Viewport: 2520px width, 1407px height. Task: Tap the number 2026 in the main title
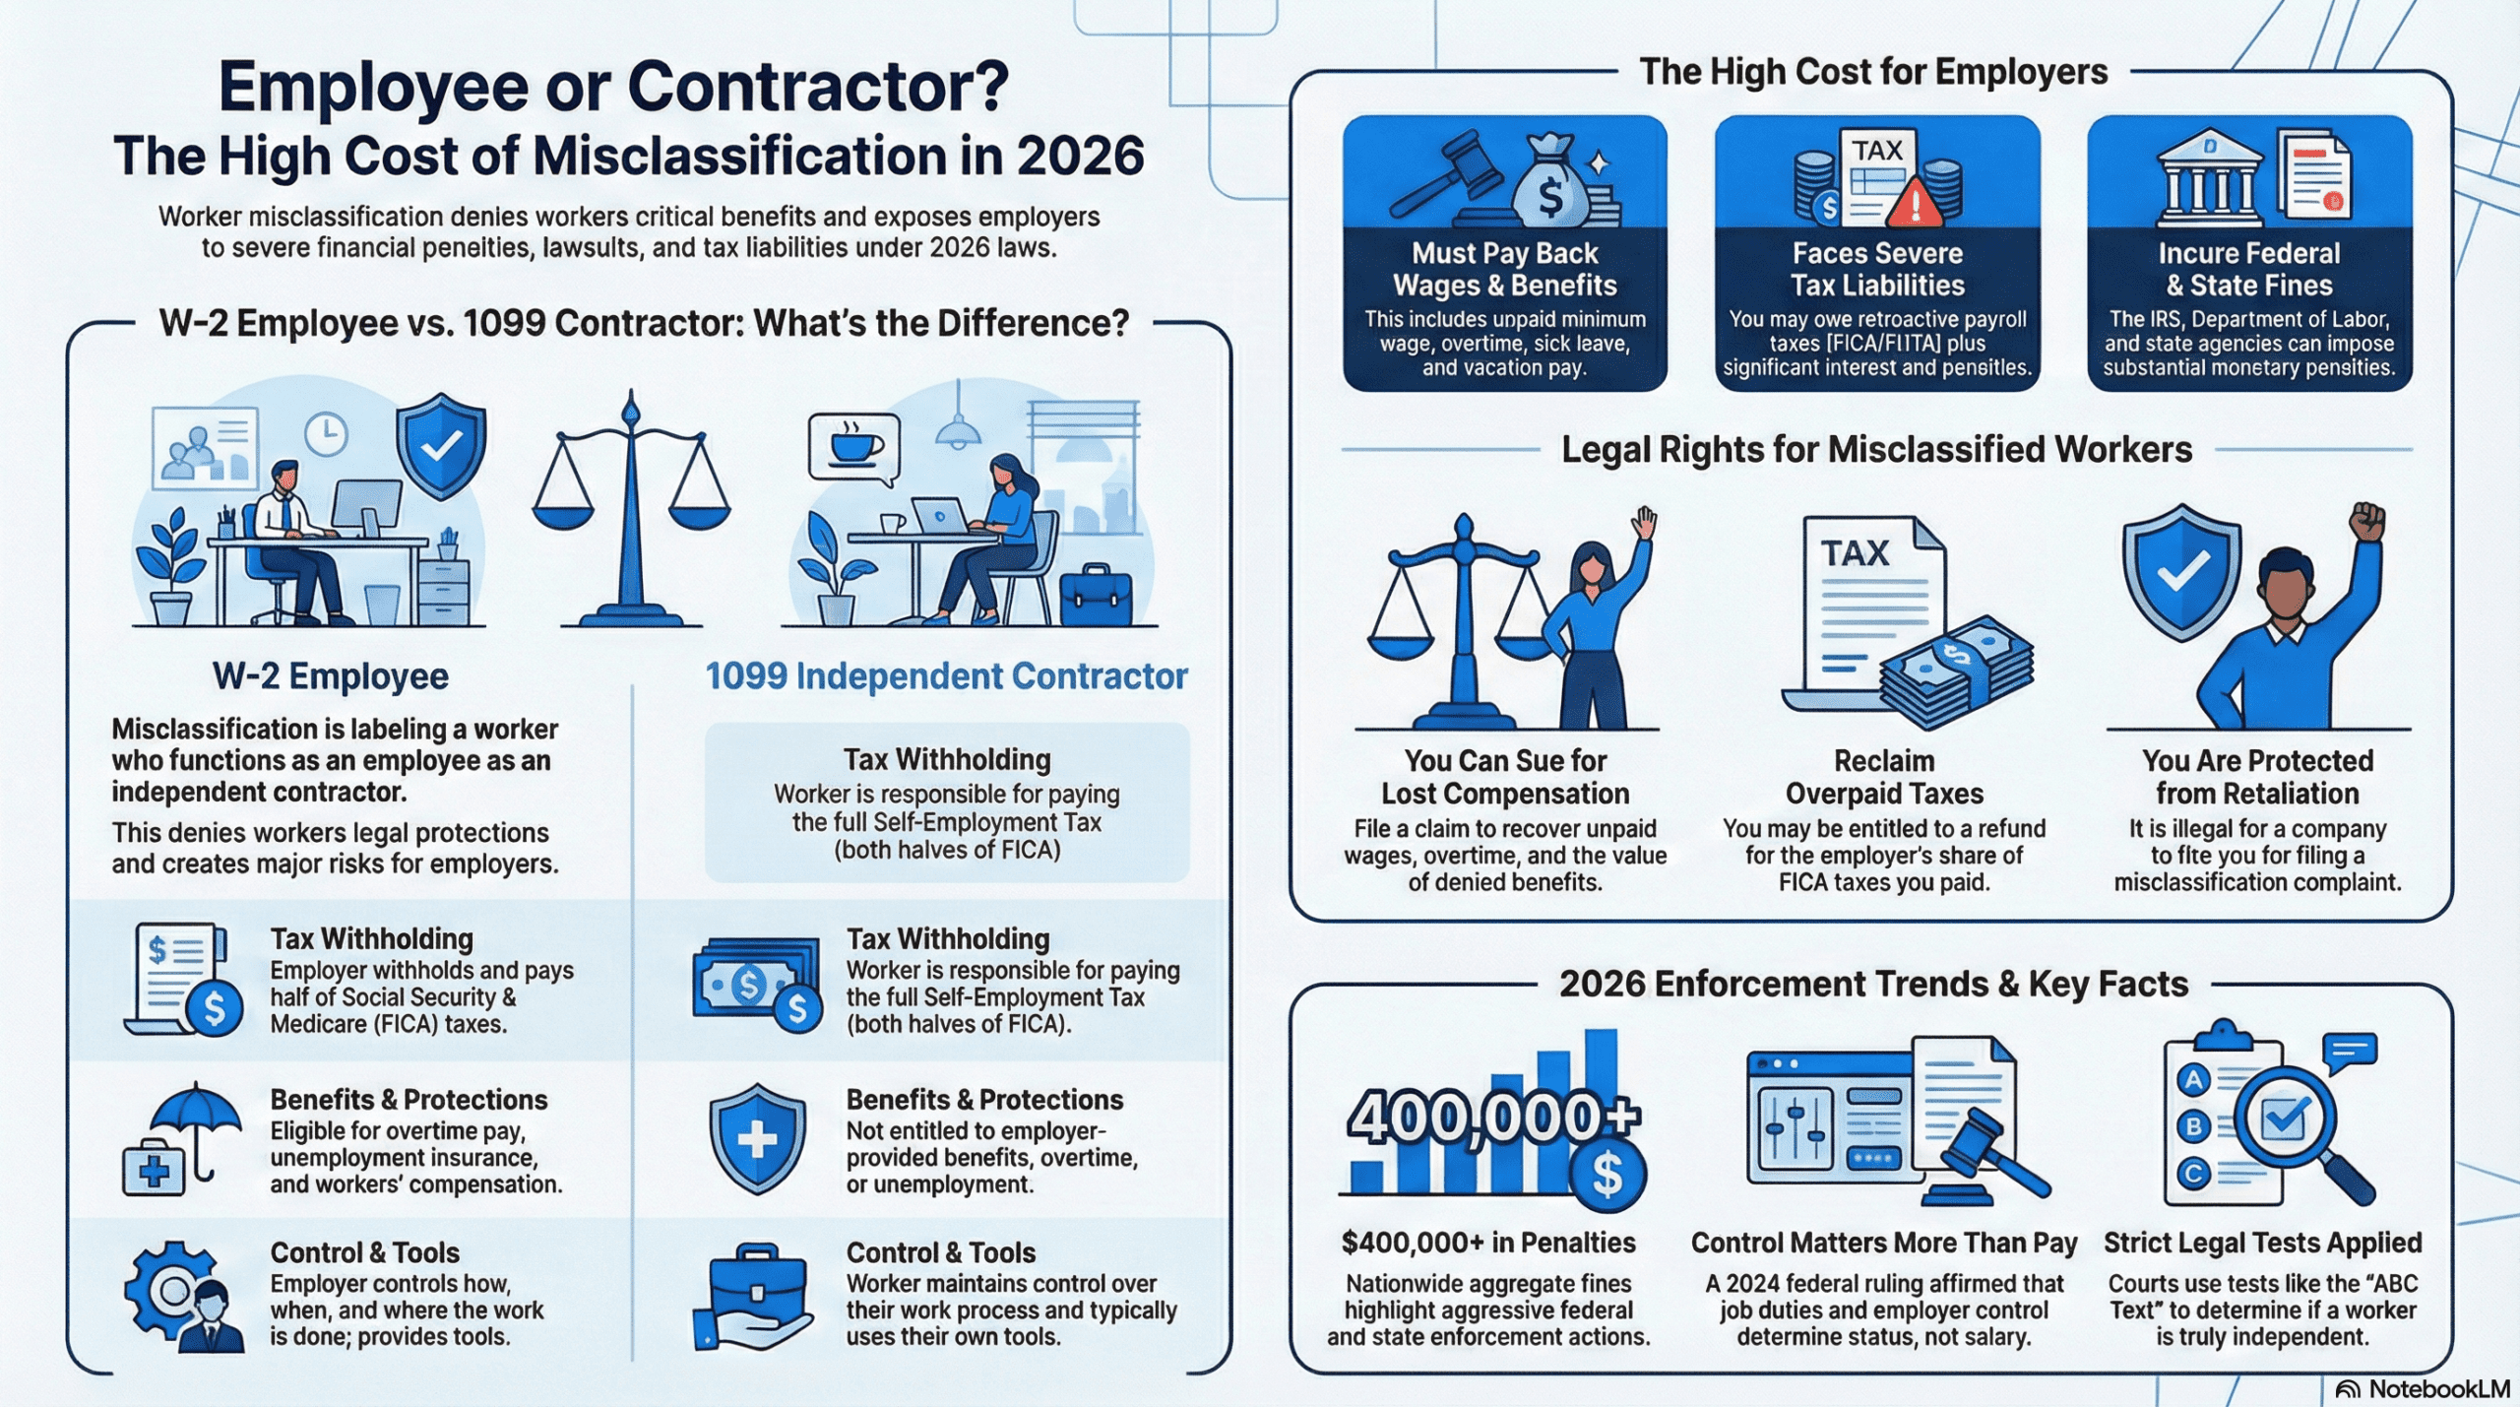(x=1079, y=156)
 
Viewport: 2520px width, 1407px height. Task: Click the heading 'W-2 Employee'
(x=331, y=676)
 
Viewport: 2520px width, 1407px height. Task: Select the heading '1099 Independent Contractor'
(x=946, y=676)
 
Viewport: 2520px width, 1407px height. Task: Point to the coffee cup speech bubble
(x=853, y=448)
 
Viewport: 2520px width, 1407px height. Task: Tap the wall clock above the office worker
(x=326, y=433)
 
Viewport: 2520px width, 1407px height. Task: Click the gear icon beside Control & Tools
(x=167, y=1291)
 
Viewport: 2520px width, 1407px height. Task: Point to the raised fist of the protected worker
(x=2367, y=521)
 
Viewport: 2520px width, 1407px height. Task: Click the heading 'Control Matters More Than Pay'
(x=1884, y=1243)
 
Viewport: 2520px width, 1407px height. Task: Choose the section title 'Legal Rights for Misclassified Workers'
(x=1876, y=450)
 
